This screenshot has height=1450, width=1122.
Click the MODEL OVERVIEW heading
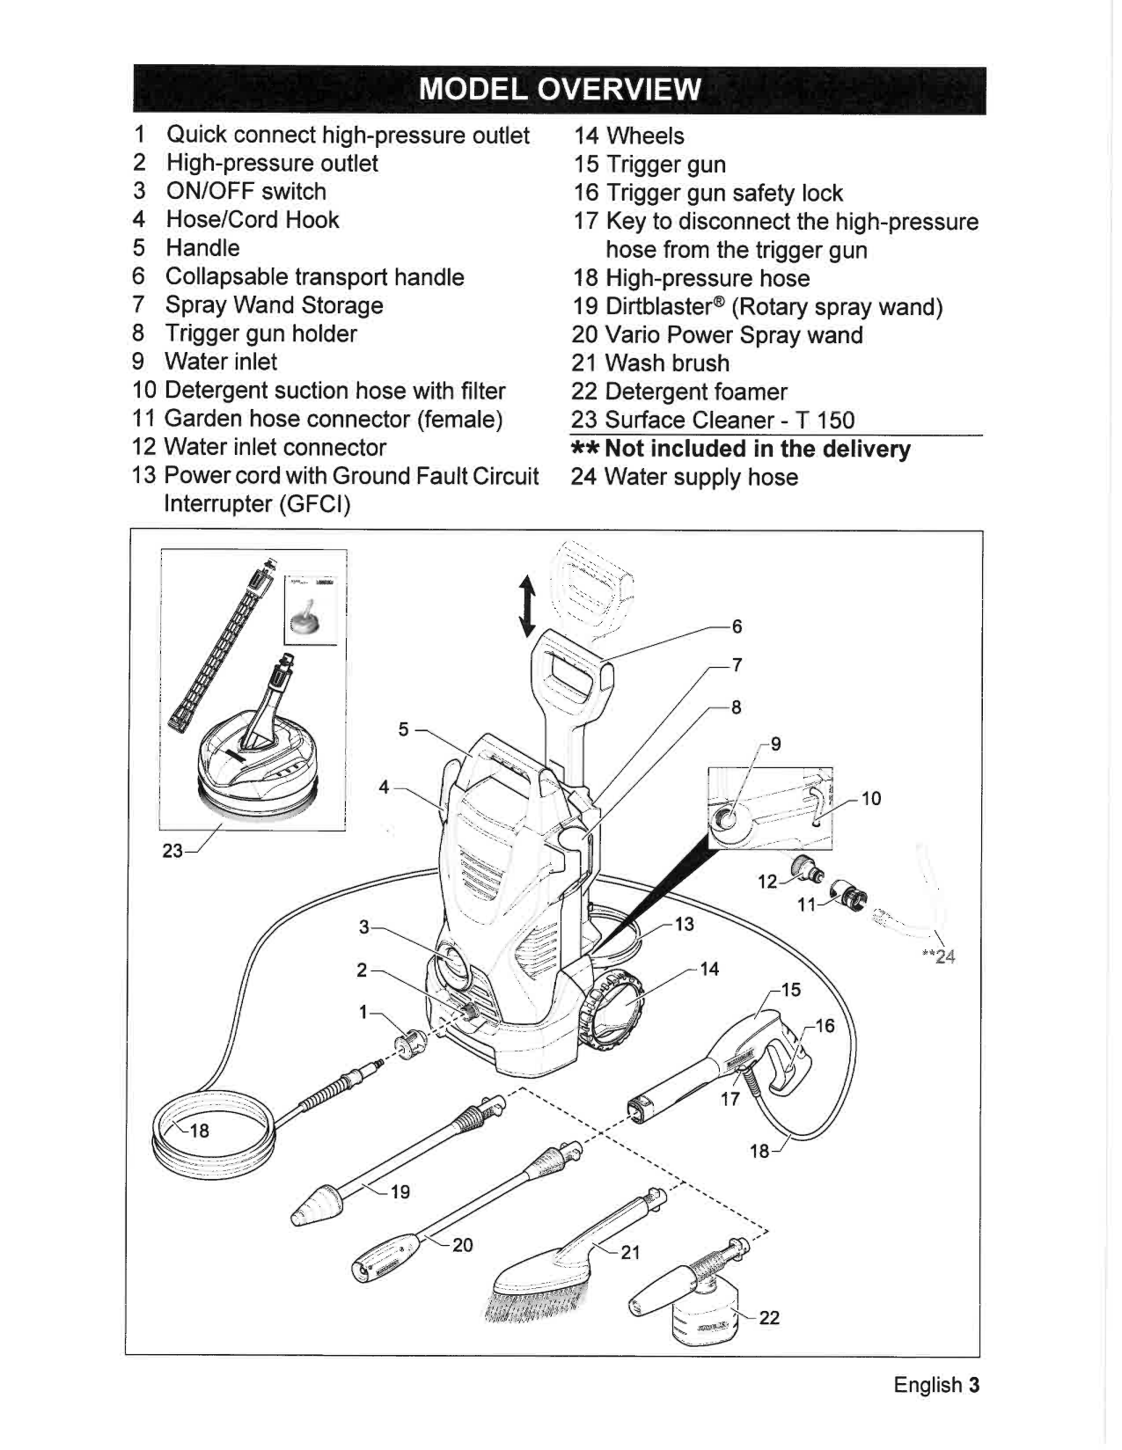tap(560, 89)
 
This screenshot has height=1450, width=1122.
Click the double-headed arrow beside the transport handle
tap(527, 606)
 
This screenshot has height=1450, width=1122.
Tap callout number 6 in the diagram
tap(737, 626)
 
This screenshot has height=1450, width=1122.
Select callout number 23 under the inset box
tap(172, 851)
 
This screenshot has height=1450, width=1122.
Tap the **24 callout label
tap(939, 957)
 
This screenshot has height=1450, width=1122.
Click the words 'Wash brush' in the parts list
tap(666, 363)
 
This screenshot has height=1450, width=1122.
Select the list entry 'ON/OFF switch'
tap(246, 192)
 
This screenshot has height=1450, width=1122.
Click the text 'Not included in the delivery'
tap(757, 449)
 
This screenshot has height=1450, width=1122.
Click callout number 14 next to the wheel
tap(709, 969)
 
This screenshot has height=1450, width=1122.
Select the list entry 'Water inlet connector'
tap(275, 447)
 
